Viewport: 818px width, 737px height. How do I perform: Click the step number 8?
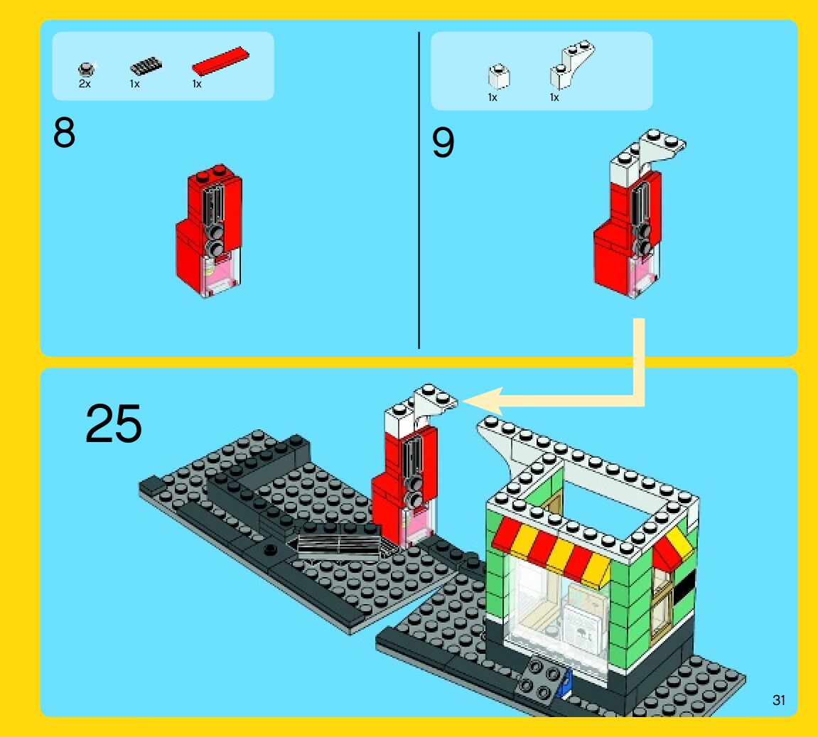(64, 132)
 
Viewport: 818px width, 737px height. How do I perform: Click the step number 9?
(443, 142)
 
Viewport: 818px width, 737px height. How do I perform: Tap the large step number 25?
(113, 423)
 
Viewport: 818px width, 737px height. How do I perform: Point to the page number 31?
(778, 700)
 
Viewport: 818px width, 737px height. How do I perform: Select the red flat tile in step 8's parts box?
(220, 62)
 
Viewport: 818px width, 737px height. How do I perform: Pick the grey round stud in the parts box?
(86, 68)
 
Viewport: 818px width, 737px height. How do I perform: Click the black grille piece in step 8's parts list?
(146, 66)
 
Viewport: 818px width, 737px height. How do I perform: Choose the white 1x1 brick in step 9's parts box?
(499, 76)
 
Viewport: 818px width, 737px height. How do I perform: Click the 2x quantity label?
(85, 83)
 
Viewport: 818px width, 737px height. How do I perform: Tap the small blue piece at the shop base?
(564, 685)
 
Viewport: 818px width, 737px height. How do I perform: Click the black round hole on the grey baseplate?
(270, 549)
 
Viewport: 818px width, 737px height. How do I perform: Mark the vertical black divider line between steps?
(419, 190)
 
